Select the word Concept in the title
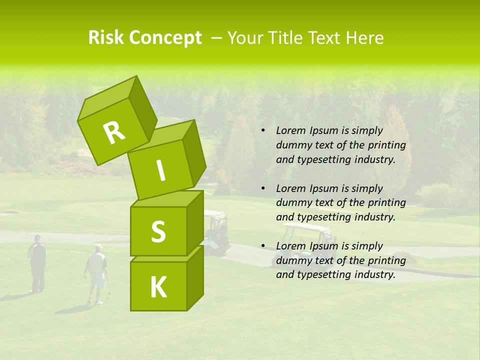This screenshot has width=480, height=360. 165,38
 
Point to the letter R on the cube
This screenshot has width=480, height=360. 114,133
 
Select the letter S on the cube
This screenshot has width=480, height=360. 158,231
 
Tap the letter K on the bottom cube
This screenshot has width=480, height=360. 158,287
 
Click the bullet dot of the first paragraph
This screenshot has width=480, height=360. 263,131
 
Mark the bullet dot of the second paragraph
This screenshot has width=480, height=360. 263,189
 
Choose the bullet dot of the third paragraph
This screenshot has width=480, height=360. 263,246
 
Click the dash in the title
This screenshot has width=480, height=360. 217,38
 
